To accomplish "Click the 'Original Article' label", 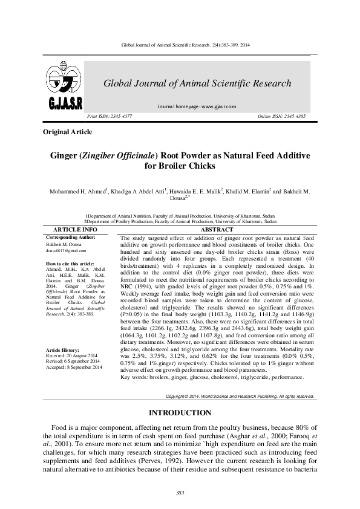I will [x=68, y=132].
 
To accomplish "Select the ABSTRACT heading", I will [x=217, y=230].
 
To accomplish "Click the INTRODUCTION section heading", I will [x=180, y=413].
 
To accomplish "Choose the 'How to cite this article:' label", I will [x=70, y=264].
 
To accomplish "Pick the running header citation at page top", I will [x=180, y=45].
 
